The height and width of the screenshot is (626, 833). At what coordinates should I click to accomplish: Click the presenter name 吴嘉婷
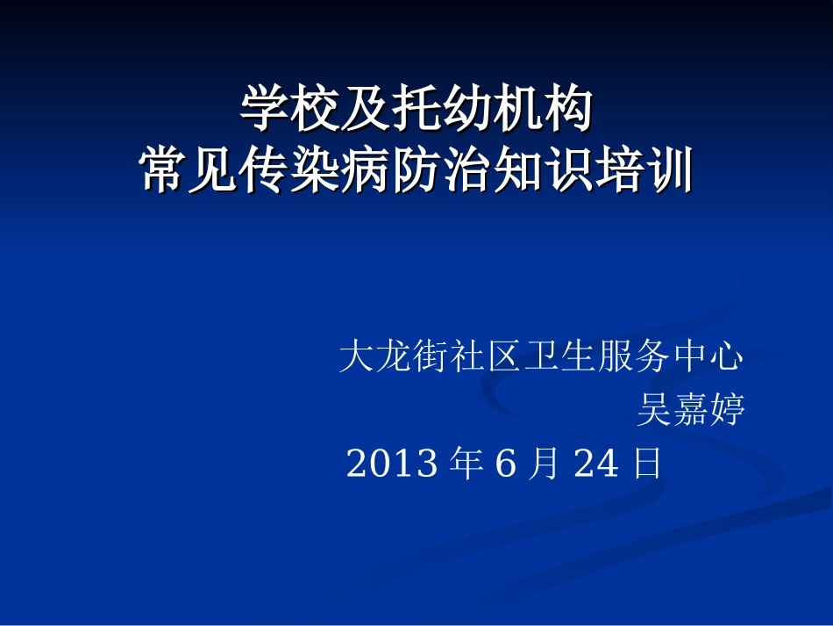[691, 410]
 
